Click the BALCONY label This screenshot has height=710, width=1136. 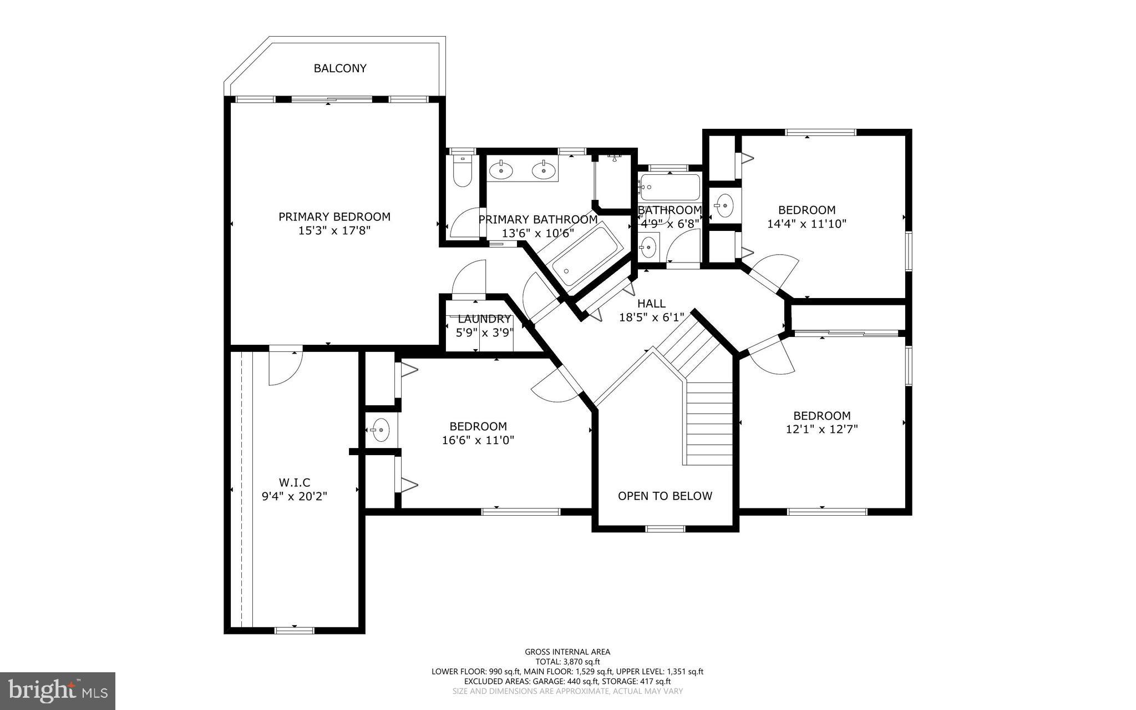[x=340, y=68]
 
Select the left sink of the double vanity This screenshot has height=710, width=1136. [x=501, y=170]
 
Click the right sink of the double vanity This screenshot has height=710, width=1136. [x=544, y=170]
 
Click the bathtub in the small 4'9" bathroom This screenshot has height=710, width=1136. [x=670, y=188]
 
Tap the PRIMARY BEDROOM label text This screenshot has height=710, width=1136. [x=334, y=216]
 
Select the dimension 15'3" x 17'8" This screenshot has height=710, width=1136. [x=334, y=230]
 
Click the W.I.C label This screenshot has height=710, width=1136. [x=295, y=482]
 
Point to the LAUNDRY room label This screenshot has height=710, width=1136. [x=484, y=319]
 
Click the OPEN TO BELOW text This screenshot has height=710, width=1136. [x=665, y=496]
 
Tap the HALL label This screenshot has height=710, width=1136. [x=651, y=303]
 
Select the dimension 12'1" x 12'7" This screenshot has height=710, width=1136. [x=822, y=429]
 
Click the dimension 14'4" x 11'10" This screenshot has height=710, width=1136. [x=807, y=224]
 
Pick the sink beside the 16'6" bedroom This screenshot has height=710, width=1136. [x=380, y=429]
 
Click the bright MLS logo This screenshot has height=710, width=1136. [x=58, y=691]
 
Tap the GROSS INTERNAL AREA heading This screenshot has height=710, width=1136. [x=567, y=652]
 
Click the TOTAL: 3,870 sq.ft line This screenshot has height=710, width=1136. [x=567, y=662]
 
